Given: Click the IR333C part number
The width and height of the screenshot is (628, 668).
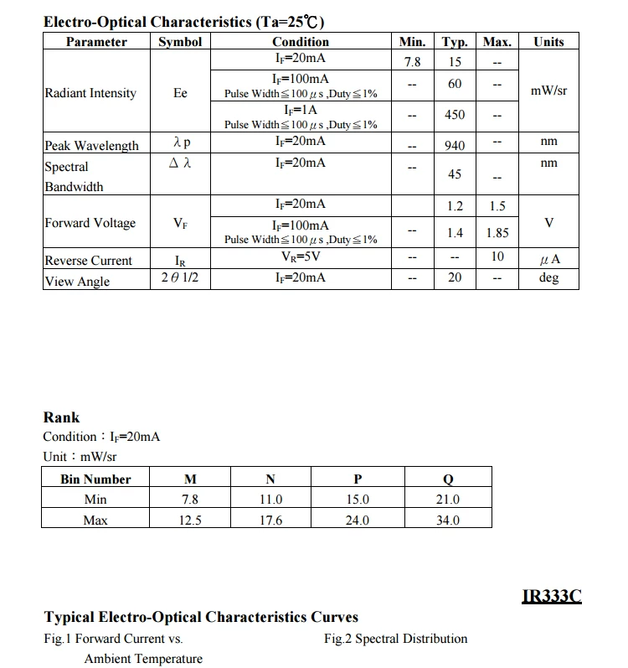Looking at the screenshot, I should click(551, 597).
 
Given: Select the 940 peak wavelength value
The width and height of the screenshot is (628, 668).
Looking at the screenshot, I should click(455, 146).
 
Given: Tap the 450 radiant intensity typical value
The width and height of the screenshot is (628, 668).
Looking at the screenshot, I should click(455, 115).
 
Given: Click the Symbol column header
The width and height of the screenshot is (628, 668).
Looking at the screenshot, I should click(180, 42).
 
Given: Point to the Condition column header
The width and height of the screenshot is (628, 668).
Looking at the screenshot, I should click(301, 42).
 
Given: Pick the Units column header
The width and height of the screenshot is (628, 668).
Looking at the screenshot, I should click(548, 42).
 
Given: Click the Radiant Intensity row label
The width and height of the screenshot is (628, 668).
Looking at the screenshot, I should click(90, 93).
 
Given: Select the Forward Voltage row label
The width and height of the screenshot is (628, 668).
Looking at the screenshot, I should click(90, 223).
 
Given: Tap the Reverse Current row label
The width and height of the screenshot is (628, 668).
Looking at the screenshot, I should click(88, 261).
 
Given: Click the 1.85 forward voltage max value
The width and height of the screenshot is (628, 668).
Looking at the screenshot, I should click(497, 233).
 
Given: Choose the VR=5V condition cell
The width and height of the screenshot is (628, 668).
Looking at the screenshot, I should click(301, 257).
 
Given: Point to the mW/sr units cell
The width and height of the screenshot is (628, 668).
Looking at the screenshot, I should click(548, 90).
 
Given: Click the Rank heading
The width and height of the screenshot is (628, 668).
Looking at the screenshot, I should click(61, 417).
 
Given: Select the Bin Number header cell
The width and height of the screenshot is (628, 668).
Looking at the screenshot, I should click(95, 479).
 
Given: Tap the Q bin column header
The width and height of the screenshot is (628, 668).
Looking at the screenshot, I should click(448, 479).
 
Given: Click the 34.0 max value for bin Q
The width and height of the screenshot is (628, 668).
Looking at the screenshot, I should click(448, 520).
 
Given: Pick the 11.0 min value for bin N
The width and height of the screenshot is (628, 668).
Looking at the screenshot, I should click(270, 500).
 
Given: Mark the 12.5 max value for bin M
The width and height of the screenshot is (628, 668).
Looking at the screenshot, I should click(190, 520).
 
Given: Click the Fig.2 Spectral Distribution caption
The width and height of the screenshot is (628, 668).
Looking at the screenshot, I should click(395, 639).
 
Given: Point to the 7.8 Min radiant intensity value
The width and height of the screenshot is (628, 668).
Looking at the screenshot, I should click(412, 62).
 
